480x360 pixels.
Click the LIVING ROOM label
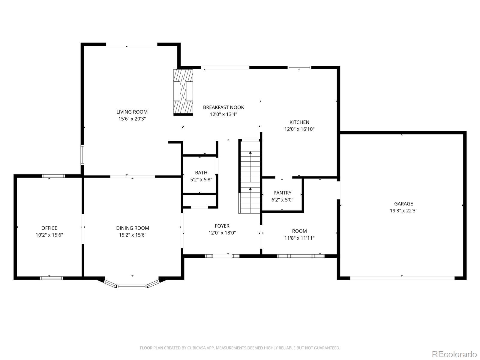coord(132,112)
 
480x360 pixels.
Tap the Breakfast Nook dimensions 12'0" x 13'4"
coord(223,114)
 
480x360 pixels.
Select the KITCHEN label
coord(299,122)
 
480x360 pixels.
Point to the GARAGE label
coord(403,204)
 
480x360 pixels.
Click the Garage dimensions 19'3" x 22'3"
coord(403,211)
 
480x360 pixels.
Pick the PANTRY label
coord(282,193)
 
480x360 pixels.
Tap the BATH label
coord(201,173)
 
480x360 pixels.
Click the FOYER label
coord(222,226)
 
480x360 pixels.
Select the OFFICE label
coord(49,228)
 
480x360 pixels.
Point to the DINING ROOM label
coord(133,228)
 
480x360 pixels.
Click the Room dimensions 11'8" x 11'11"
coord(299,238)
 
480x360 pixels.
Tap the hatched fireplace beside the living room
coord(183,92)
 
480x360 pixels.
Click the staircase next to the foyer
coord(250,176)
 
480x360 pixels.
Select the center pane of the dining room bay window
coord(131,286)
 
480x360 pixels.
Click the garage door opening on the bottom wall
coord(402,278)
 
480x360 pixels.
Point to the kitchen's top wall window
coord(299,67)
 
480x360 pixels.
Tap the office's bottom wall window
coord(51,278)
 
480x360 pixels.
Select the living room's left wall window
coord(82,155)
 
